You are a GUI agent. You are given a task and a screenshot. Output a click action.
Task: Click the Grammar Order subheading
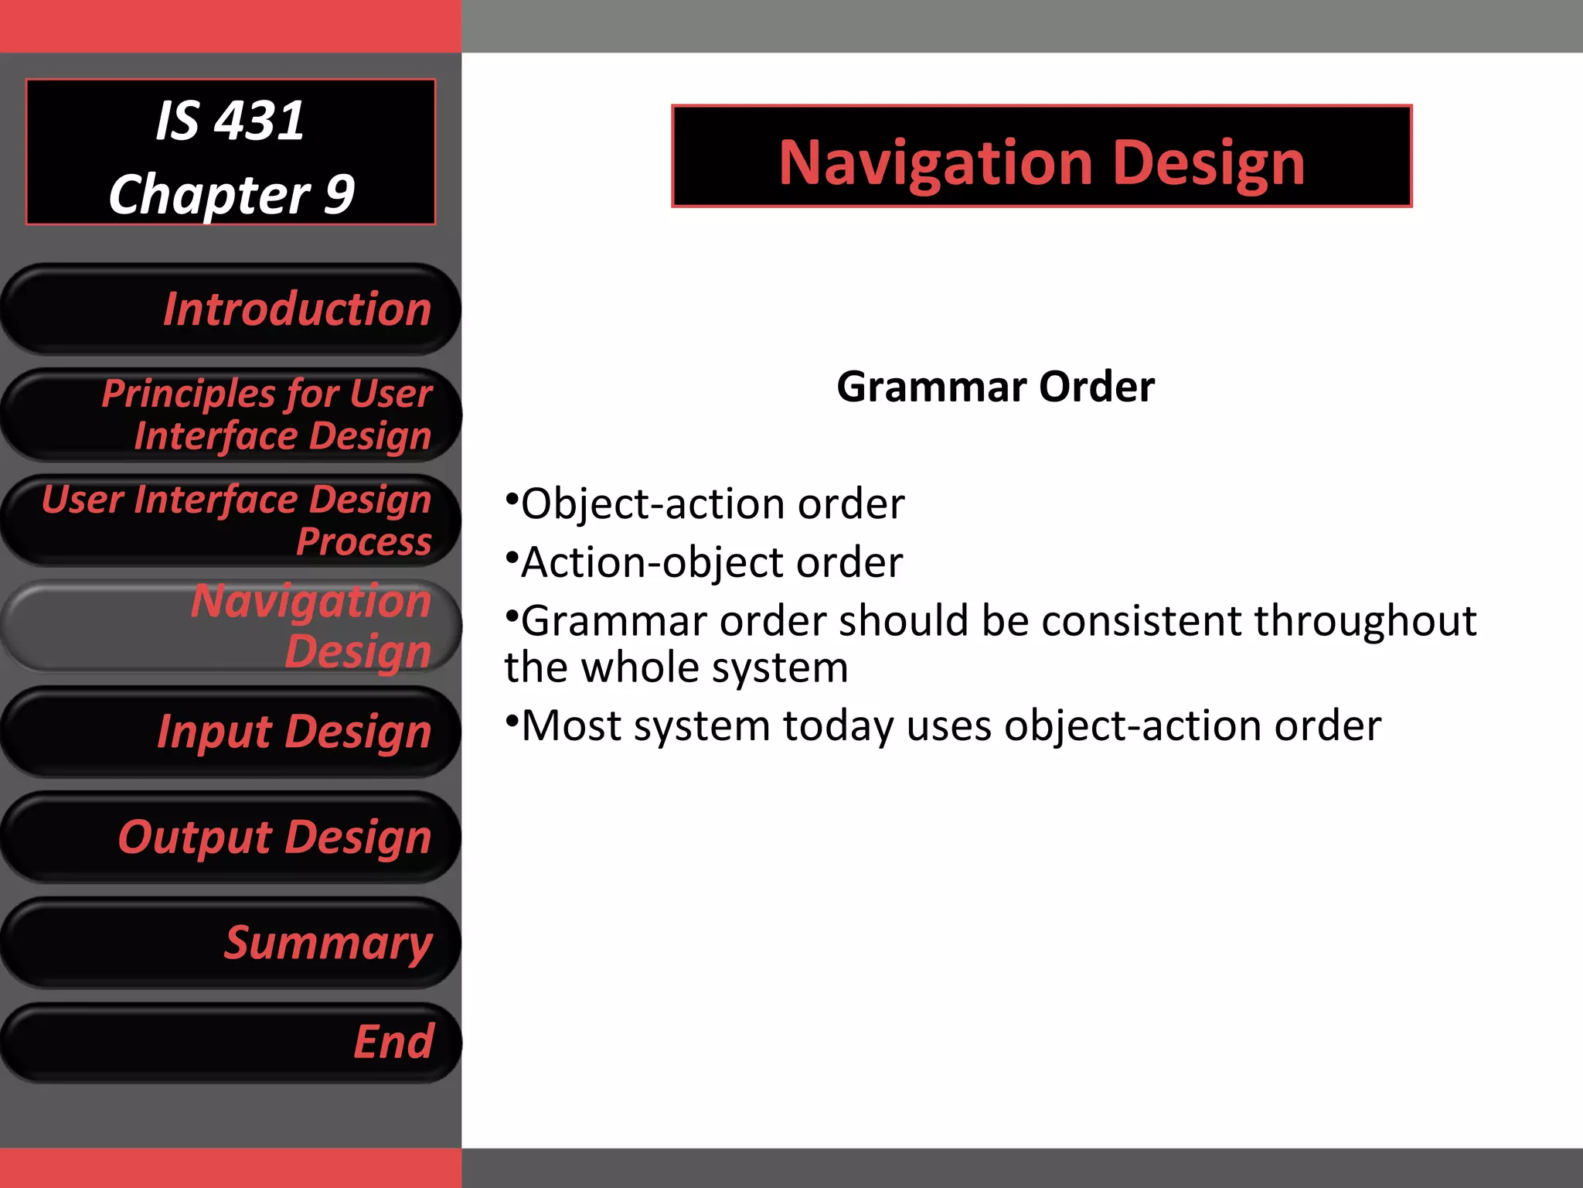pos(996,387)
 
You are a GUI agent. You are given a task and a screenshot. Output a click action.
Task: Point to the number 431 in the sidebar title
pos(259,121)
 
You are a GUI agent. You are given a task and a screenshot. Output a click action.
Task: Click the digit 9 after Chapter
pos(339,193)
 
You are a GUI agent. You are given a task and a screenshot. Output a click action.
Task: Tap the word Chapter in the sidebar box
pos(209,195)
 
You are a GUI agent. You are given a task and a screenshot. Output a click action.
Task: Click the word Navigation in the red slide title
pos(934,164)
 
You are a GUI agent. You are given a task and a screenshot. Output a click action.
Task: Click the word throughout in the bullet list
pos(1365,621)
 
